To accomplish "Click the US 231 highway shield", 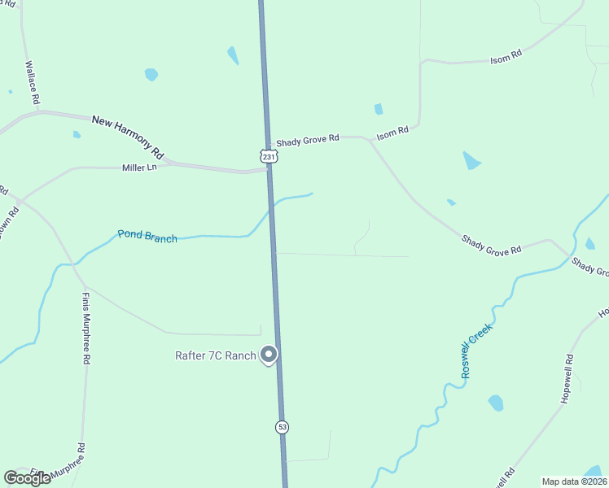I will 269,155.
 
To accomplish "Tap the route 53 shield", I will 282,426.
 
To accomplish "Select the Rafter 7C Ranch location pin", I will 269,355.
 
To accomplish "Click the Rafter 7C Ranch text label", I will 215,355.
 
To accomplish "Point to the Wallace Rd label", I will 32,83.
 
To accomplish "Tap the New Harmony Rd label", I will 129,135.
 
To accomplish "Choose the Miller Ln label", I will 139,168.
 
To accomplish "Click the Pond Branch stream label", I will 147,237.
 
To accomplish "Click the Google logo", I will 27,478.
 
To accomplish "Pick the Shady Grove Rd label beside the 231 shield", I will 307,140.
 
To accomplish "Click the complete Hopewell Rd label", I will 568,380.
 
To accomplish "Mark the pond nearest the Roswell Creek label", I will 495,403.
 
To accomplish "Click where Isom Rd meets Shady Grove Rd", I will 370,141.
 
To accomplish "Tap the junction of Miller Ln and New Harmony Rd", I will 166,163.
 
